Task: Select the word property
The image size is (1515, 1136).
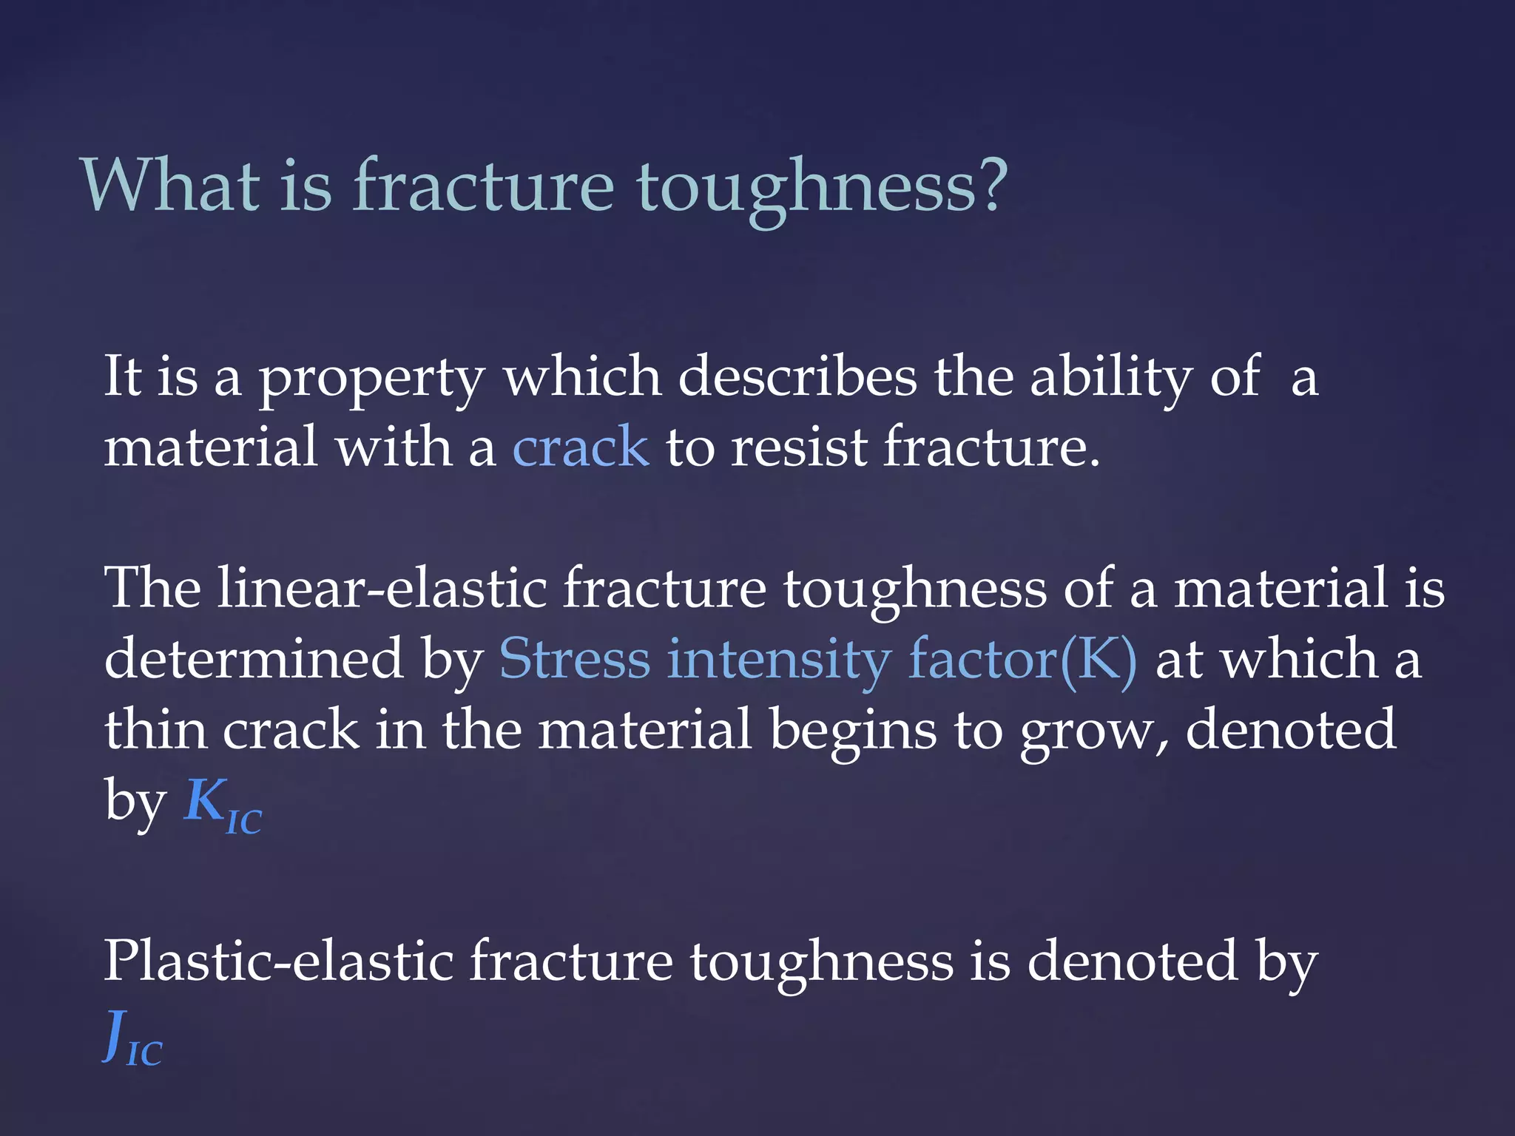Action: click(371, 379)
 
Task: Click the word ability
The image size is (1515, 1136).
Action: click(1110, 379)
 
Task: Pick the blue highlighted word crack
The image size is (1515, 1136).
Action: click(581, 447)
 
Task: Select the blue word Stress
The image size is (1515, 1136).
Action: click(574, 658)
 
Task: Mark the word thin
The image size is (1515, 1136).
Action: click(155, 728)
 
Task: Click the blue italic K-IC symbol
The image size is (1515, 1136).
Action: click(223, 805)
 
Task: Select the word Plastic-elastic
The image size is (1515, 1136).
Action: click(278, 961)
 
